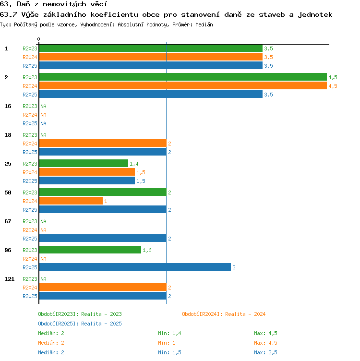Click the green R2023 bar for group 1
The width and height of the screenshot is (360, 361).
(x=151, y=48)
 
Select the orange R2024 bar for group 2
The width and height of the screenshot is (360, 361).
(x=183, y=85)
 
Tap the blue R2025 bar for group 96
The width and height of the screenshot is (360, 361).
(x=135, y=267)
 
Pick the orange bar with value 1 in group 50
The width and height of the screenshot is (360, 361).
(x=71, y=201)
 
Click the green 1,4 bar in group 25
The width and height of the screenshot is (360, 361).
(x=84, y=164)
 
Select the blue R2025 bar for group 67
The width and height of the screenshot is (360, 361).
(x=103, y=238)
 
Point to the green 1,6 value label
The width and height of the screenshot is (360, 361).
(x=147, y=250)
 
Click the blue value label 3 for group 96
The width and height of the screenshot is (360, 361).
(x=234, y=267)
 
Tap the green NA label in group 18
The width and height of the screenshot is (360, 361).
(x=43, y=135)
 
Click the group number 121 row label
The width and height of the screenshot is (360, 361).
(x=10, y=279)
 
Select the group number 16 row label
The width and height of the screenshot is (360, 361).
(x=8, y=106)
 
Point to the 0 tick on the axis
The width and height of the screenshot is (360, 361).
(x=38, y=39)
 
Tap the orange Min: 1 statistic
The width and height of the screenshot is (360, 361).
(x=167, y=343)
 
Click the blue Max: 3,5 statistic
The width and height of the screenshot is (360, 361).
(x=265, y=352)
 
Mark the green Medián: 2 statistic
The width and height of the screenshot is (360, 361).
(x=51, y=333)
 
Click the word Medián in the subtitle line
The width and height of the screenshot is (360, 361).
(x=204, y=24)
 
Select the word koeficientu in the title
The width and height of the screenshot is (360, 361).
(x=114, y=15)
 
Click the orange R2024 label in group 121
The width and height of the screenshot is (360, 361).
(x=30, y=288)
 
